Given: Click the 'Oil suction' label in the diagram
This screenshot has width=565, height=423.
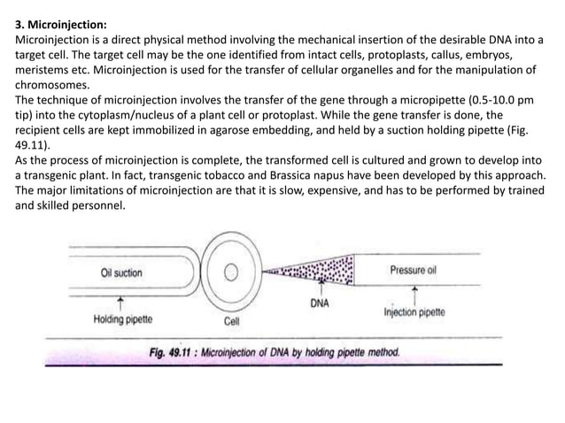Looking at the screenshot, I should (121, 273).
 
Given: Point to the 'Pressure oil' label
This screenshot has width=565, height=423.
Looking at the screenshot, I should (414, 270).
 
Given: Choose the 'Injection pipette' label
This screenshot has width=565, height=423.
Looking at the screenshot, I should (414, 312).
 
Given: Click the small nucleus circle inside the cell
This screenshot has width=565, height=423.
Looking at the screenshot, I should (233, 271).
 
